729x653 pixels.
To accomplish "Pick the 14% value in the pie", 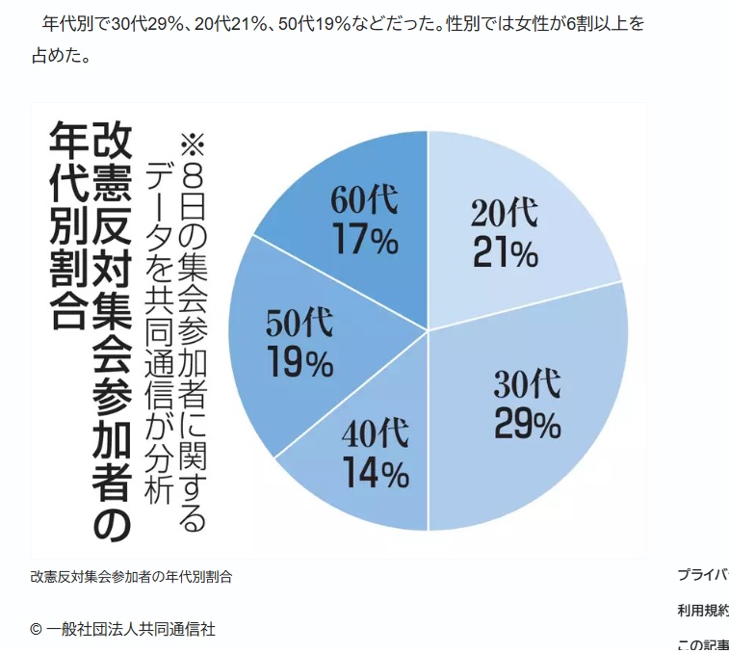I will coord(375,473).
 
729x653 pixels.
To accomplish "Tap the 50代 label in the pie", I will coord(299,324).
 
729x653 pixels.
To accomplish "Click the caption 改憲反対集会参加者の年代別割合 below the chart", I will coord(131,577).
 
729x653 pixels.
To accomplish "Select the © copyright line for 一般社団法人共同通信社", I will coord(122,629).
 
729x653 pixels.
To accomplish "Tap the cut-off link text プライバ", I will coord(702,575).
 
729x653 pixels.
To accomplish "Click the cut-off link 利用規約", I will coord(702,610).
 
